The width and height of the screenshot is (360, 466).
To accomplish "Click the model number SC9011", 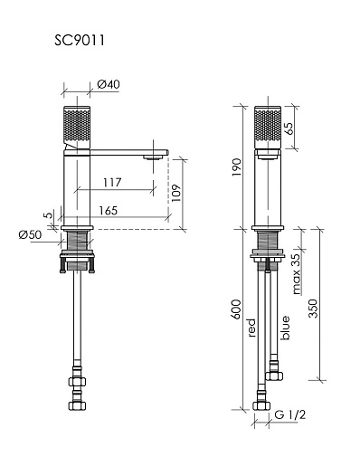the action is [x=80, y=40].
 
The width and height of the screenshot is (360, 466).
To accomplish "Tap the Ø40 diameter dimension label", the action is [x=109, y=84].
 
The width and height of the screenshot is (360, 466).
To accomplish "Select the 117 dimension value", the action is [x=112, y=183].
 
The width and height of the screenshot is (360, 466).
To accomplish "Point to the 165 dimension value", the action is [x=109, y=211].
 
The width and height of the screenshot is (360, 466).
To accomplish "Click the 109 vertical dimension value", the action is [x=175, y=193].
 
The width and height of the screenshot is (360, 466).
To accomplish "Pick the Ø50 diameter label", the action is [x=30, y=234].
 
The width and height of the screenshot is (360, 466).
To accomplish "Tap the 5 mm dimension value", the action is [x=48, y=215].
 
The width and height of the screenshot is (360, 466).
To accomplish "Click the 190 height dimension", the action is [x=237, y=167].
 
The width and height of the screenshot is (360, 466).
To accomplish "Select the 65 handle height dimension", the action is [x=288, y=128].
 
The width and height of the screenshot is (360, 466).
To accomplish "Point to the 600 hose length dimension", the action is [x=236, y=309].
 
